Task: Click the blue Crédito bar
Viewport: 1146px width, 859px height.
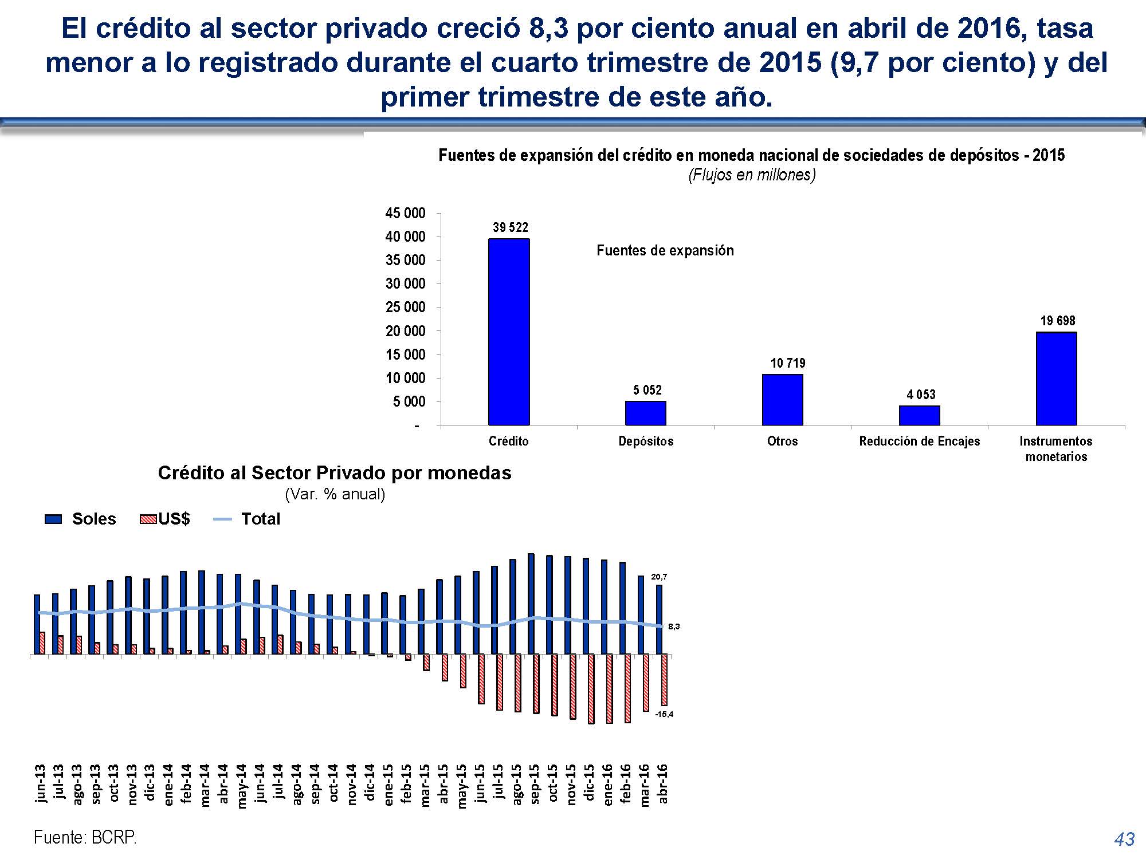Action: [509, 332]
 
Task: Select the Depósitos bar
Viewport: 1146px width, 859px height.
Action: [646, 413]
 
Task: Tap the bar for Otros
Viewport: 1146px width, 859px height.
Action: [783, 400]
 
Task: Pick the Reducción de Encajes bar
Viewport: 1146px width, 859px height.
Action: [920, 415]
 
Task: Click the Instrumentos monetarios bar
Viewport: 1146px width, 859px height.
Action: [1057, 379]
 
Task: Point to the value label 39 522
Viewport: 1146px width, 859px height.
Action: [511, 227]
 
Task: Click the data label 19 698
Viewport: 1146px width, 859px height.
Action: [1058, 321]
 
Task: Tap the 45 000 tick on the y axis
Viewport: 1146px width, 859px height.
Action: [405, 213]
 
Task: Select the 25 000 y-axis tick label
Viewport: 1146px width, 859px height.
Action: [405, 308]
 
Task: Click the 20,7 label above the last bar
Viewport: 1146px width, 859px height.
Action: [659, 577]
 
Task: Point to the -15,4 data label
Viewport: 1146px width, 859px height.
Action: [664, 714]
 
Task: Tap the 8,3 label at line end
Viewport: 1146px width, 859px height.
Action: [674, 626]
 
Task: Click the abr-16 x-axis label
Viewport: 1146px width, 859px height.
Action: [663, 783]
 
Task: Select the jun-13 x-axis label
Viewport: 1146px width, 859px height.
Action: [40, 783]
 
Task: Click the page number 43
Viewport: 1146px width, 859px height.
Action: [1124, 839]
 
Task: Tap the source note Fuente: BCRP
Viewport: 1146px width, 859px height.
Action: [85, 837]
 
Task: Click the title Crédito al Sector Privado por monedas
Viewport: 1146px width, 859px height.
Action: [335, 473]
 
